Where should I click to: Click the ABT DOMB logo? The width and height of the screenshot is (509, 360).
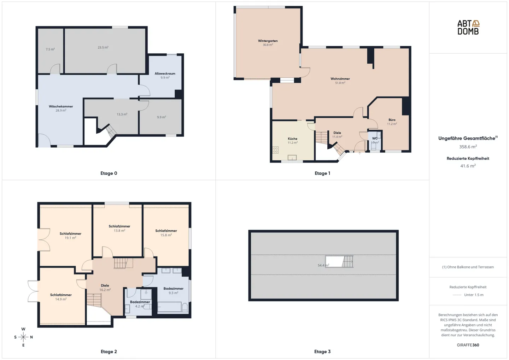468,28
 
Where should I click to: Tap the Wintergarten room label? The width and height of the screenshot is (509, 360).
268,41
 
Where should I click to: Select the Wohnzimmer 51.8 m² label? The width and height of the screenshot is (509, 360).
340,81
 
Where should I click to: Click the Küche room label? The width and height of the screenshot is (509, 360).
292,138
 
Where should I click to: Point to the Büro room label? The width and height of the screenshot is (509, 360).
392,120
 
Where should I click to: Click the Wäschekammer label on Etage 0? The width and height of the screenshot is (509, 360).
61,106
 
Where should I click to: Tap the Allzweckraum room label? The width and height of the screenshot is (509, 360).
165,73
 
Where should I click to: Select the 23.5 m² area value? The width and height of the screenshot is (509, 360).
103,47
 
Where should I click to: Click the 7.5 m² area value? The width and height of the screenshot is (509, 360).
50,49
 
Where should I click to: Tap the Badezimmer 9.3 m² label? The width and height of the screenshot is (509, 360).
173,291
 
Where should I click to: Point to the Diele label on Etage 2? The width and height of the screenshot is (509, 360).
105,285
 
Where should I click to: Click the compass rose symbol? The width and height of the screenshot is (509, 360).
23,337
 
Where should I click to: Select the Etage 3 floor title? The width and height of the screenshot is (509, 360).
322,352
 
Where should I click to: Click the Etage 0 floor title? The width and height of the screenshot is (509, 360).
109,173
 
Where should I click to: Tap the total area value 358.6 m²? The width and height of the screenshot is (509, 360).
468,147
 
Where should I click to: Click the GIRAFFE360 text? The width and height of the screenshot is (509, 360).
468,345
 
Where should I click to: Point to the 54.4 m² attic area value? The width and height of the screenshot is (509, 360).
323,265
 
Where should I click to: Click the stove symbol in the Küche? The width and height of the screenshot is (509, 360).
275,150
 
